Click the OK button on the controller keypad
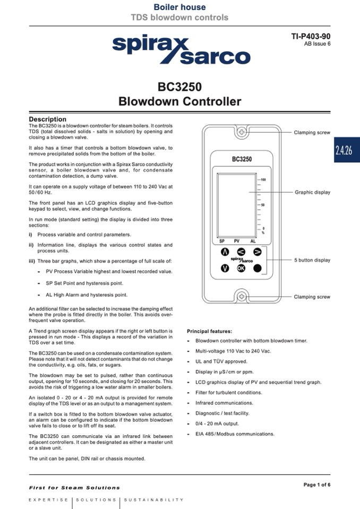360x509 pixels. click(242, 268)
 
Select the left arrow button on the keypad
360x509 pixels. click(241, 252)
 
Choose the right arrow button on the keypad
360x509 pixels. click(258, 252)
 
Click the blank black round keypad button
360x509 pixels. click(258, 268)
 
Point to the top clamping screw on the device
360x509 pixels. click(242, 132)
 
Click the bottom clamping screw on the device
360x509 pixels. click(242, 297)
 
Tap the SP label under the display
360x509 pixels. click(222, 240)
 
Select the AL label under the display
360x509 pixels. click(253, 240)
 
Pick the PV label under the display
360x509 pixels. click(237, 240)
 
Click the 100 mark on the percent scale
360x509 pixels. click(263, 180)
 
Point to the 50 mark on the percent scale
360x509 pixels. click(262, 204)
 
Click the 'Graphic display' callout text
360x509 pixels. click(312, 192)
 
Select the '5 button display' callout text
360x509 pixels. click(312, 260)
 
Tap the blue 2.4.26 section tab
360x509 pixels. click(344, 150)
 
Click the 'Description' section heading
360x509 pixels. click(48, 119)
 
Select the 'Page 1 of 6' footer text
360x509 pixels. click(316, 485)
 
